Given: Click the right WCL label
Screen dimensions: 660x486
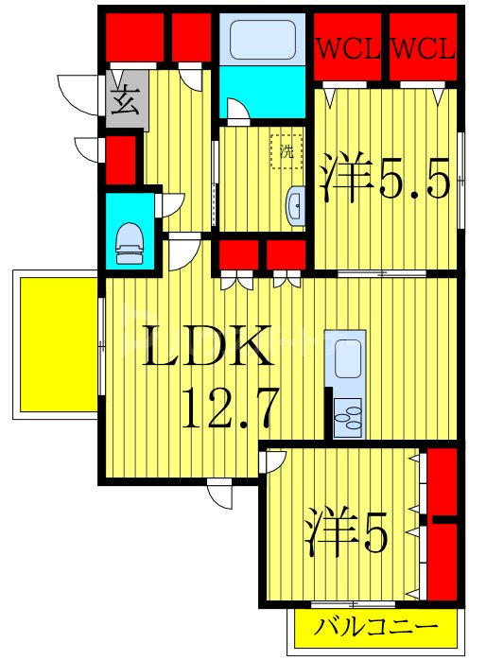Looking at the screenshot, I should click(x=423, y=47).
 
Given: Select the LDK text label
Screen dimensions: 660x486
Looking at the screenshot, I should click(x=208, y=350).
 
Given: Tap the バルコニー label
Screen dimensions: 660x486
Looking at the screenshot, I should click(x=376, y=628).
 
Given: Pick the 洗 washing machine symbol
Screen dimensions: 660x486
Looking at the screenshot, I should click(x=284, y=149).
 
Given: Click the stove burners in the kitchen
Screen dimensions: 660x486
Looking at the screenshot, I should click(x=346, y=416).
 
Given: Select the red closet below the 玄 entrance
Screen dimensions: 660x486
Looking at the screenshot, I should click(x=120, y=160).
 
